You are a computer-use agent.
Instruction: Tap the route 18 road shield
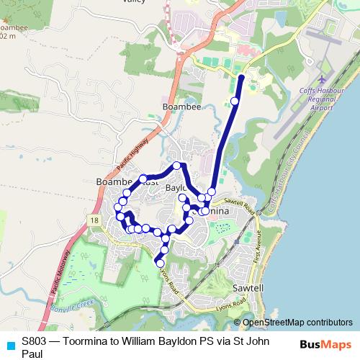pos(94,218)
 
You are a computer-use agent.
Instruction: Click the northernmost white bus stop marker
pos(235,101)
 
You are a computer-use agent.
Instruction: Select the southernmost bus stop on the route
pos(160,264)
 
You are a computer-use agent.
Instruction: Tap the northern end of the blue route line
pos(241,76)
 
